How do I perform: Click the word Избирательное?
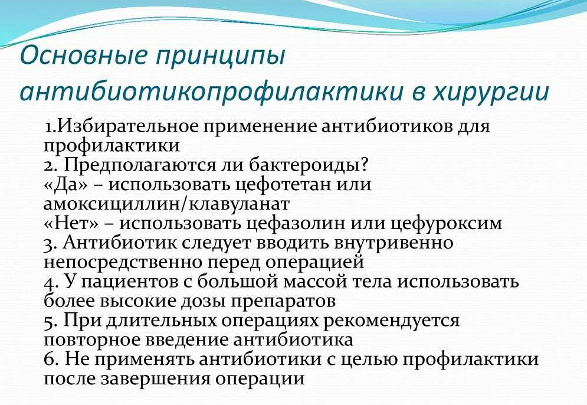(x=127, y=126)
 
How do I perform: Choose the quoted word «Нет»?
(x=71, y=223)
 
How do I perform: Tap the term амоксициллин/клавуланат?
(x=166, y=204)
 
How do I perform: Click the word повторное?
(x=91, y=340)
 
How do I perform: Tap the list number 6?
(x=50, y=360)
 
